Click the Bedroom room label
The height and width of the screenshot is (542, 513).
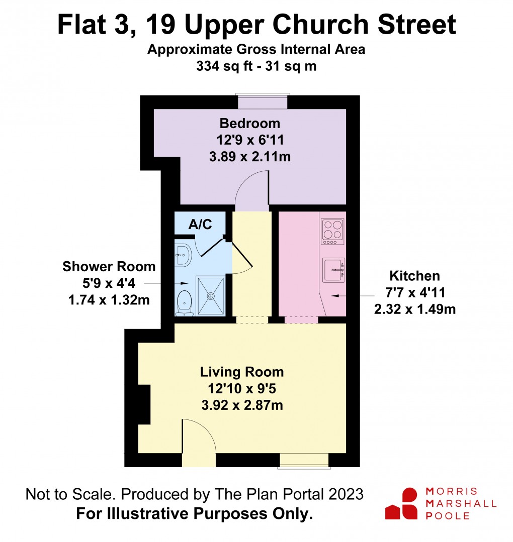pyautogui.click(x=249, y=123)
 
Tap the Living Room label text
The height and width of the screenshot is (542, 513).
pyautogui.click(x=242, y=372)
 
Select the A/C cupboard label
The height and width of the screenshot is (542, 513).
pyautogui.click(x=199, y=225)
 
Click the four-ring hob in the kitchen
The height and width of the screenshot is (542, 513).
pyautogui.click(x=332, y=231)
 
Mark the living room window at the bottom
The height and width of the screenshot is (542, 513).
pyautogui.click(x=304, y=460)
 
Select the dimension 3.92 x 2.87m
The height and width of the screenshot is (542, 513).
pyautogui.click(x=242, y=404)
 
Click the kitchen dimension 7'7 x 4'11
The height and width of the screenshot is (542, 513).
pyautogui.click(x=414, y=292)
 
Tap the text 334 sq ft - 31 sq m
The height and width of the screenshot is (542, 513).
pyautogui.click(x=256, y=66)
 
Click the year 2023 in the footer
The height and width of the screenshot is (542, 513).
pyautogui.click(x=345, y=494)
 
